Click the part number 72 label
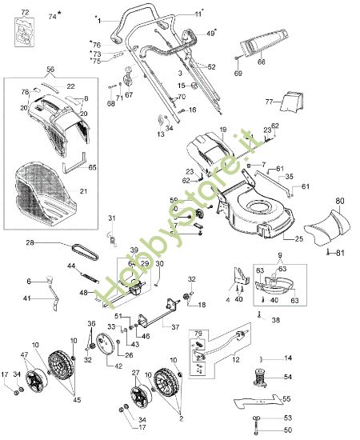click(x=25, y=14)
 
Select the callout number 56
click(x=50, y=70)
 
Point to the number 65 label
click(x=92, y=167)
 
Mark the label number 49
click(x=211, y=33)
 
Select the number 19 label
click(x=223, y=129)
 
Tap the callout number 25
click(x=299, y=239)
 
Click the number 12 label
click(x=234, y=362)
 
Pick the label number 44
click(x=71, y=265)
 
